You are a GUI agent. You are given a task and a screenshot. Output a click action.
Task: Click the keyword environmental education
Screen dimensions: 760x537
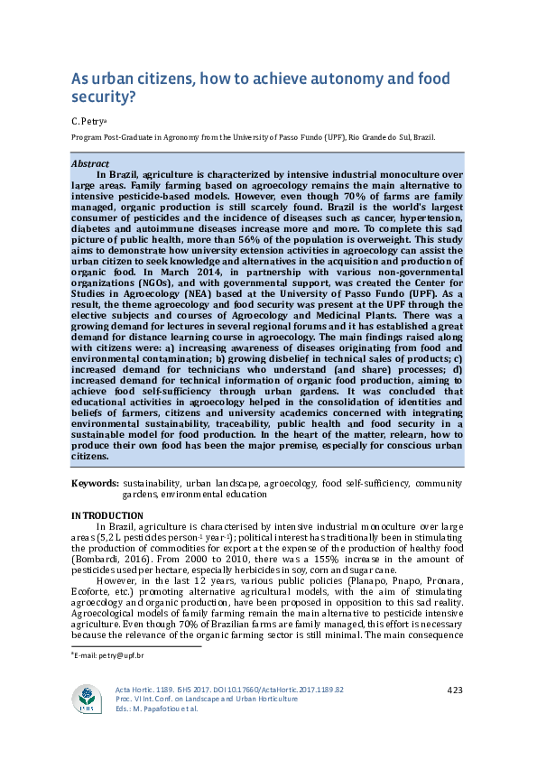[x=214, y=495]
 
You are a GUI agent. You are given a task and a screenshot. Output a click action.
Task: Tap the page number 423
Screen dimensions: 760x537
[x=455, y=690]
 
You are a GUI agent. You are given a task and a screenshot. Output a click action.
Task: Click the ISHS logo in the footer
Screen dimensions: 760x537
[x=88, y=698]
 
